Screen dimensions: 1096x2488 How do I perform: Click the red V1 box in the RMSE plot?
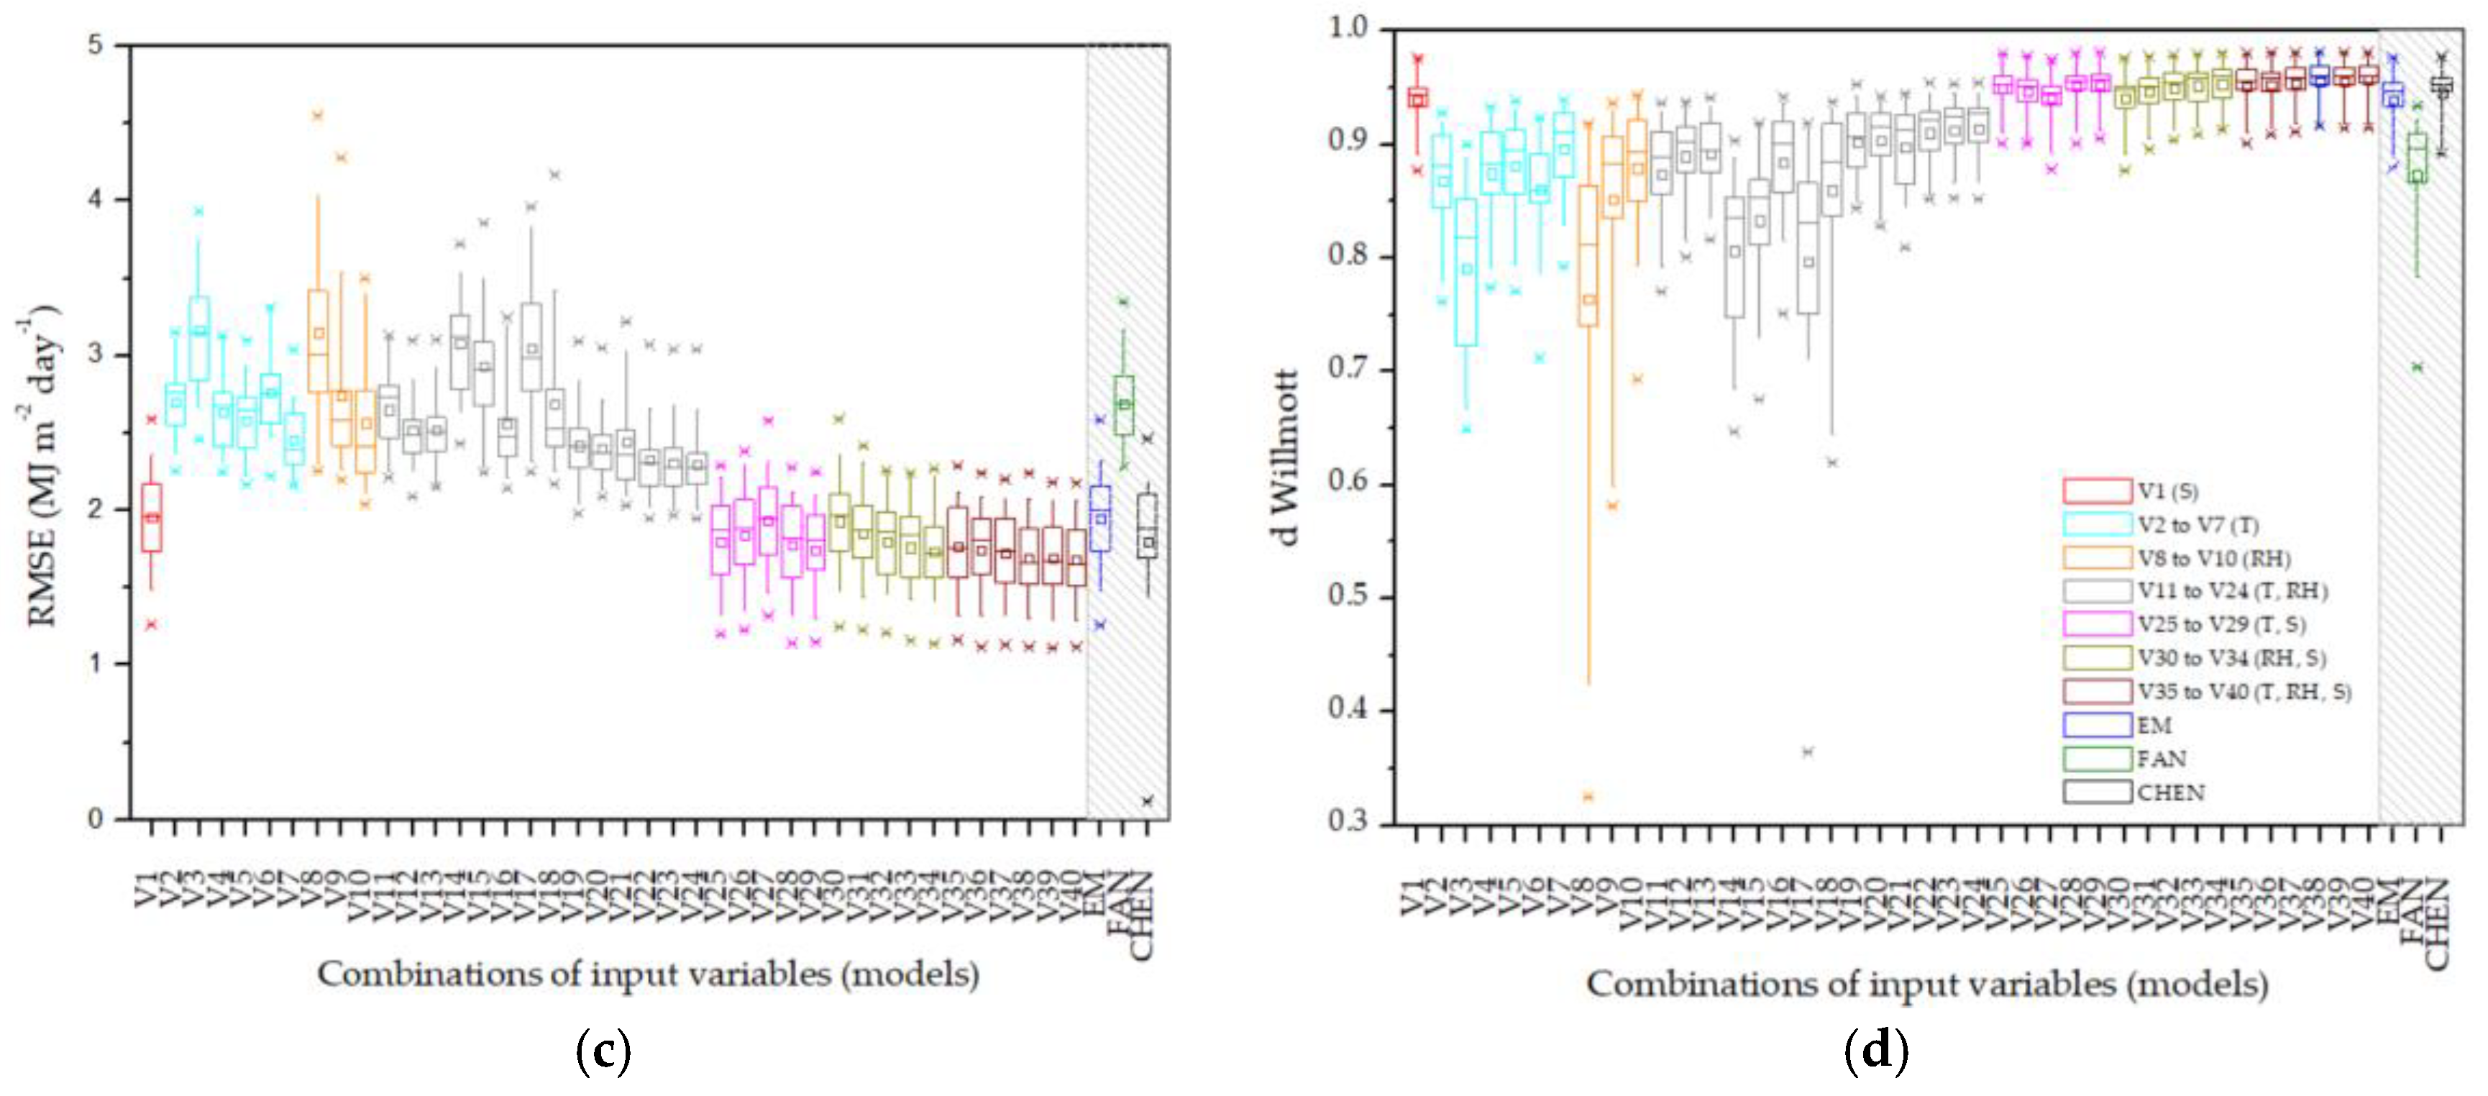[152, 518]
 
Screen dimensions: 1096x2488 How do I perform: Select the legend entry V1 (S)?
[2167, 490]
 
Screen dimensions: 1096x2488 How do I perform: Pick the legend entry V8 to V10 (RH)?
[2213, 558]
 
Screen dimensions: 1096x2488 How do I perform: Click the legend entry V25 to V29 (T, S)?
[2221, 625]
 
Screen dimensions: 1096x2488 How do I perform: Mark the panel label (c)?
[603, 1051]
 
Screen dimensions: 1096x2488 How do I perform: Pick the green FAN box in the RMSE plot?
[1123, 405]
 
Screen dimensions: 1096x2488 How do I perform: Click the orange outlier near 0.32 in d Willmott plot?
[1588, 797]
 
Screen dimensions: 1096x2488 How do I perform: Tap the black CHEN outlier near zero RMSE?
[1148, 800]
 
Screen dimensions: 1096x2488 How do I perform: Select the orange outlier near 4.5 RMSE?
[317, 115]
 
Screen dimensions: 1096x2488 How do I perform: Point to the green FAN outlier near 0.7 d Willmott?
[2418, 367]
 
